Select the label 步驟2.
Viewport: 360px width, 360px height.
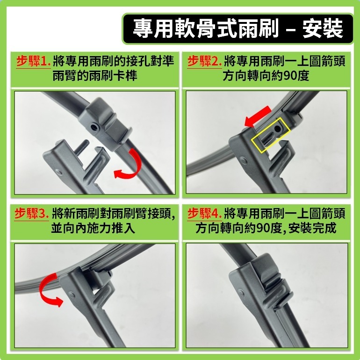(203, 61)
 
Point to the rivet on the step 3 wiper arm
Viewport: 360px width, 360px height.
(72, 295)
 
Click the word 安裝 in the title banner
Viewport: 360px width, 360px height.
(322, 28)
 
